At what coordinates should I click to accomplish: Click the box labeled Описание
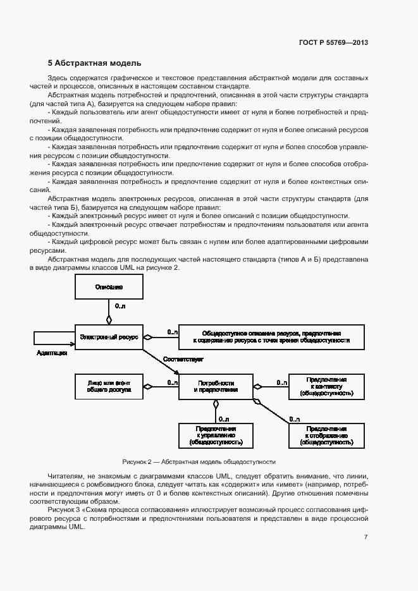109,287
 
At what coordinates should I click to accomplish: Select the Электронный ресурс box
109,338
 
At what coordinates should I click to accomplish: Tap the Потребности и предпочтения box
216,387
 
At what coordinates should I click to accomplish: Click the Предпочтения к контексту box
326,387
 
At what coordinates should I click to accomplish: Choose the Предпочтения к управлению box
216,436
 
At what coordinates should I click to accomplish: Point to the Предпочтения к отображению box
326,436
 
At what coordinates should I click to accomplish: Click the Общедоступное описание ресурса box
272,336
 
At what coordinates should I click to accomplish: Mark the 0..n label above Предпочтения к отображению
294,419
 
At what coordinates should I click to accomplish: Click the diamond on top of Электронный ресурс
109,320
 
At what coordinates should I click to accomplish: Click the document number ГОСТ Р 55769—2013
333,43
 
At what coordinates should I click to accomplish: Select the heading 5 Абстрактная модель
95,63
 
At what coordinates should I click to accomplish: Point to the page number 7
366,537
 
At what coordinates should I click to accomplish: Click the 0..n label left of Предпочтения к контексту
278,382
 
